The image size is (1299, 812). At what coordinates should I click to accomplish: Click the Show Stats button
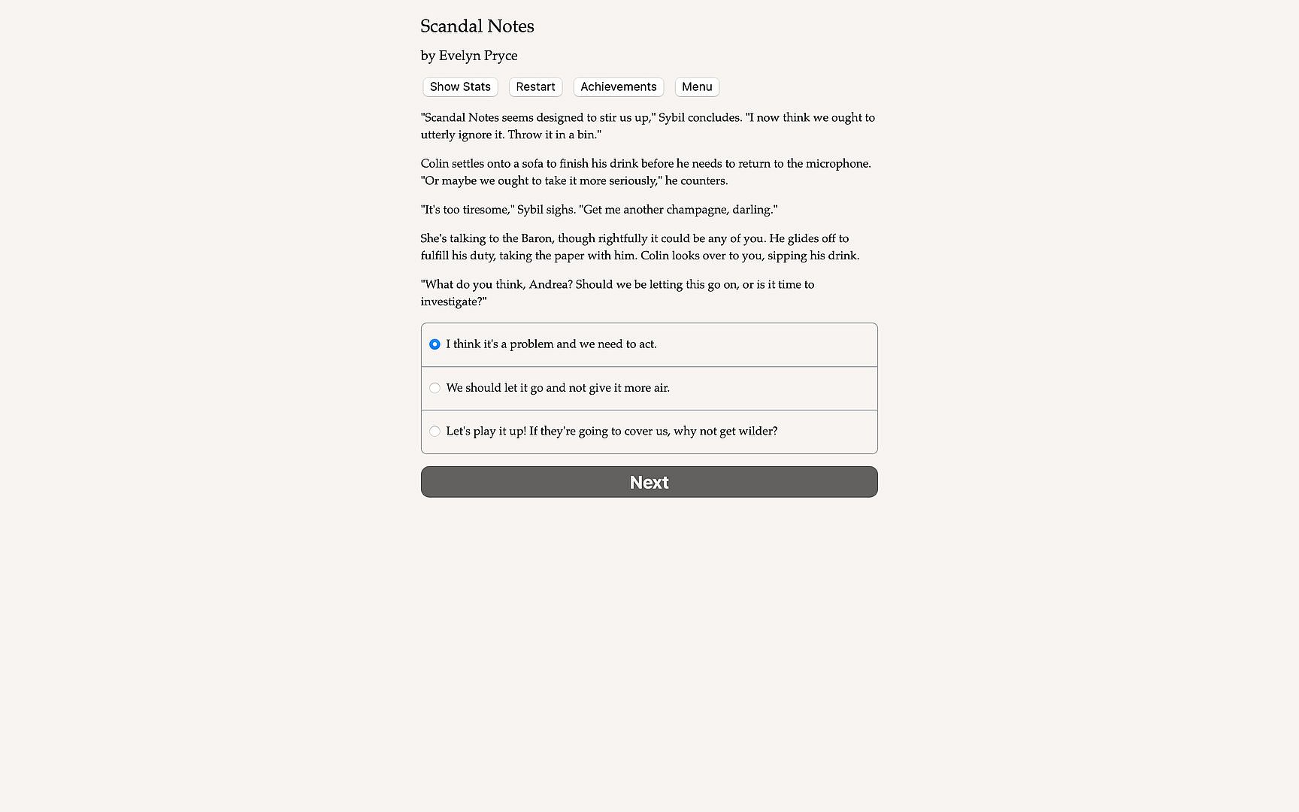point(460,87)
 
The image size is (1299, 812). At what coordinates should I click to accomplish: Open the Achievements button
point(618,87)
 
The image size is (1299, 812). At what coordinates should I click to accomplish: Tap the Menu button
point(697,87)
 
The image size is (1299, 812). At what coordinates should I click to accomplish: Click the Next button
point(649,482)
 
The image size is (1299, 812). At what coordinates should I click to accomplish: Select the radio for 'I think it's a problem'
point(435,344)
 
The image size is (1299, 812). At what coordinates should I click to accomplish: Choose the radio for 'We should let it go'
point(435,388)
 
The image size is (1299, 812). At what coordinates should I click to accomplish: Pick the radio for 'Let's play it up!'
point(435,432)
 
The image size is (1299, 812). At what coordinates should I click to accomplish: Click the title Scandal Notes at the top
point(477,26)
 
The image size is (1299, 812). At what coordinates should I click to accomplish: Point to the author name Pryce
point(499,56)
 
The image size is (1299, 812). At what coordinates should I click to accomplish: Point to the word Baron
point(536,238)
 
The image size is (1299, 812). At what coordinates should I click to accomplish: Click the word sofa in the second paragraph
point(532,164)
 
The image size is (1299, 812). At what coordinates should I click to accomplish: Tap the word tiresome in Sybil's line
point(486,210)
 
